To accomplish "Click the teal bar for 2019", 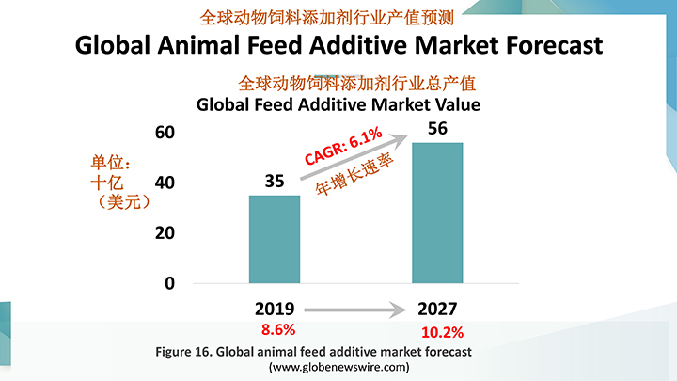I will tap(275, 239).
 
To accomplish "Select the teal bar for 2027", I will tap(437, 213).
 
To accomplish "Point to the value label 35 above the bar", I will tap(275, 182).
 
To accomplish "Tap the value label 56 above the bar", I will tap(437, 129).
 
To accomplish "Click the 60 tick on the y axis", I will tap(164, 132).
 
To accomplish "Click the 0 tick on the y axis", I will tap(169, 283).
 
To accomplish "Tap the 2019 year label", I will tap(275, 309).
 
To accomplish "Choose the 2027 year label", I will tap(437, 309).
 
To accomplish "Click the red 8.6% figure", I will tap(277, 329).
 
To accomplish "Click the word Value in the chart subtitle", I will tap(454, 104).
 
